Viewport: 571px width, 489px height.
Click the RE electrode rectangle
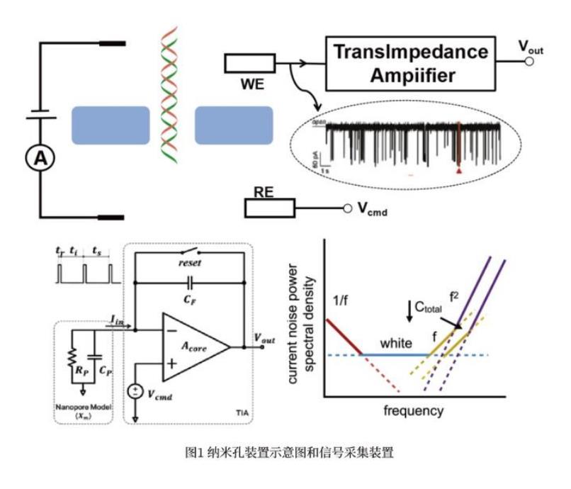268,207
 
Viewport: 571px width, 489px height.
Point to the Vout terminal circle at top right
528,62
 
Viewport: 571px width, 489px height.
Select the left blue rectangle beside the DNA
110,125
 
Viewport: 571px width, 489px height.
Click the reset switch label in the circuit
190,262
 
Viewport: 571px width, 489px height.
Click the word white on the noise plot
395,343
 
